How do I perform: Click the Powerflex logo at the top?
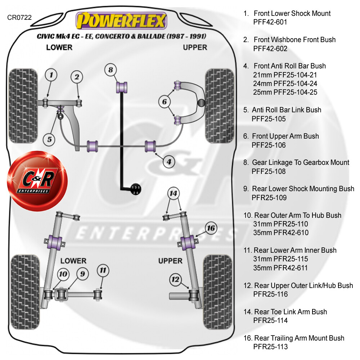[x=121, y=21]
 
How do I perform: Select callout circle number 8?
[x=111, y=70]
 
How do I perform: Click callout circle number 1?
[x=51, y=75]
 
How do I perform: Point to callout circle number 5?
[x=49, y=139]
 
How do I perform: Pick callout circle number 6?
[x=165, y=102]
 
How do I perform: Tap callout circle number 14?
[x=174, y=194]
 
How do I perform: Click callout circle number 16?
[x=211, y=228]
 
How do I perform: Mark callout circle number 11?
[x=103, y=270]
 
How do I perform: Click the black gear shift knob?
[x=135, y=189]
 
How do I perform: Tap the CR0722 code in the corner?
[x=19, y=17]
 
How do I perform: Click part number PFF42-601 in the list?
[x=270, y=22]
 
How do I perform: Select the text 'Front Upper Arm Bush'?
[x=285, y=136]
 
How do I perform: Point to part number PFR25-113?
[x=270, y=347]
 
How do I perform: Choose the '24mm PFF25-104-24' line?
[x=285, y=84]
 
